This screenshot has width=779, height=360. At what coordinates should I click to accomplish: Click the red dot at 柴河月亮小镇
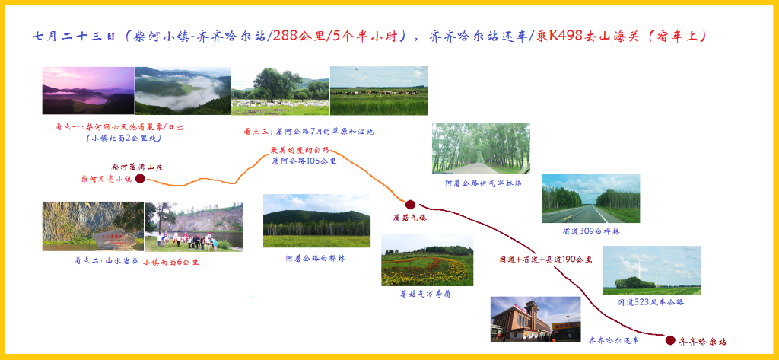click(140, 179)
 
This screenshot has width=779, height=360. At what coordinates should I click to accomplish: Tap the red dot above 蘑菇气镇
click(410, 205)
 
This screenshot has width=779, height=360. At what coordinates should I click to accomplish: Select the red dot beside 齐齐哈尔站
click(670, 340)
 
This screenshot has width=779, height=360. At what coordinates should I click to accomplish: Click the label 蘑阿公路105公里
click(304, 161)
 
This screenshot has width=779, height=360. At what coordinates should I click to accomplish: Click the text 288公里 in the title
click(300, 36)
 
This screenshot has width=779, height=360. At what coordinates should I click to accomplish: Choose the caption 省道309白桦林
click(590, 231)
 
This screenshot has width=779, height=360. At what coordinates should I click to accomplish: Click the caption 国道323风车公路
click(651, 301)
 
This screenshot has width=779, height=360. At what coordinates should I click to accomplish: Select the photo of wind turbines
click(652, 270)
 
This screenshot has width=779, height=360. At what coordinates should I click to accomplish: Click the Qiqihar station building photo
click(536, 319)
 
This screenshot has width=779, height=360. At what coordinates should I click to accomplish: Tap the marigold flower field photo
click(428, 260)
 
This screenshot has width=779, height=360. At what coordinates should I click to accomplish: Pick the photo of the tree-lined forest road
click(481, 148)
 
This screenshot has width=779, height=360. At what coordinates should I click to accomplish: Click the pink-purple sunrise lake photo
click(88, 91)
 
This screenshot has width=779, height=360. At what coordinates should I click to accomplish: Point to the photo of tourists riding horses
click(194, 227)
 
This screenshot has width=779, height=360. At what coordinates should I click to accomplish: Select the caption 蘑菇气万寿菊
click(426, 294)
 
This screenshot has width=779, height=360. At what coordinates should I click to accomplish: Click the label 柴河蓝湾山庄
click(137, 167)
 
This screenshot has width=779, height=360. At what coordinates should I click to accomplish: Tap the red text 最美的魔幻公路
click(300, 150)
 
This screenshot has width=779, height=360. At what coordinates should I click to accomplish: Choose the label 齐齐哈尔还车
click(614, 341)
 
